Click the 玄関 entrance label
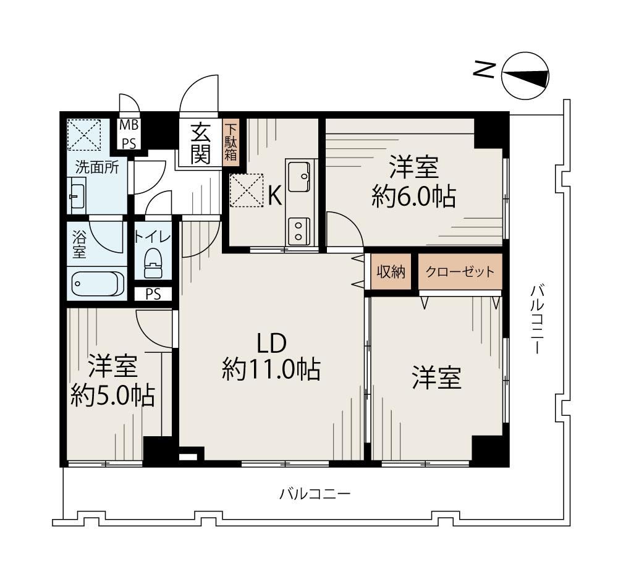[x=201, y=143]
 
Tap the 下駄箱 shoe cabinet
[x=230, y=143]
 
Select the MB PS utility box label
[x=129, y=134]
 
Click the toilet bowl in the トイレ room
[x=153, y=264]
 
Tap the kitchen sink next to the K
[x=299, y=177]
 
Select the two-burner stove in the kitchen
[x=298, y=231]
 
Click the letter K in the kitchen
[x=275, y=195]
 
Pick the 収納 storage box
[x=391, y=272]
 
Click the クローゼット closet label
[x=460, y=272]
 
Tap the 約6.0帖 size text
[x=414, y=196]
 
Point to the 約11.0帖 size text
[x=271, y=369]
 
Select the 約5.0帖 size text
[x=112, y=395]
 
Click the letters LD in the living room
[x=271, y=343]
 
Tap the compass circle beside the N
[x=525, y=75]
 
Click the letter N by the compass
[x=485, y=70]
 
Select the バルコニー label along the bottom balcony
[x=315, y=494]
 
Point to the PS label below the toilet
[x=153, y=295]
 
